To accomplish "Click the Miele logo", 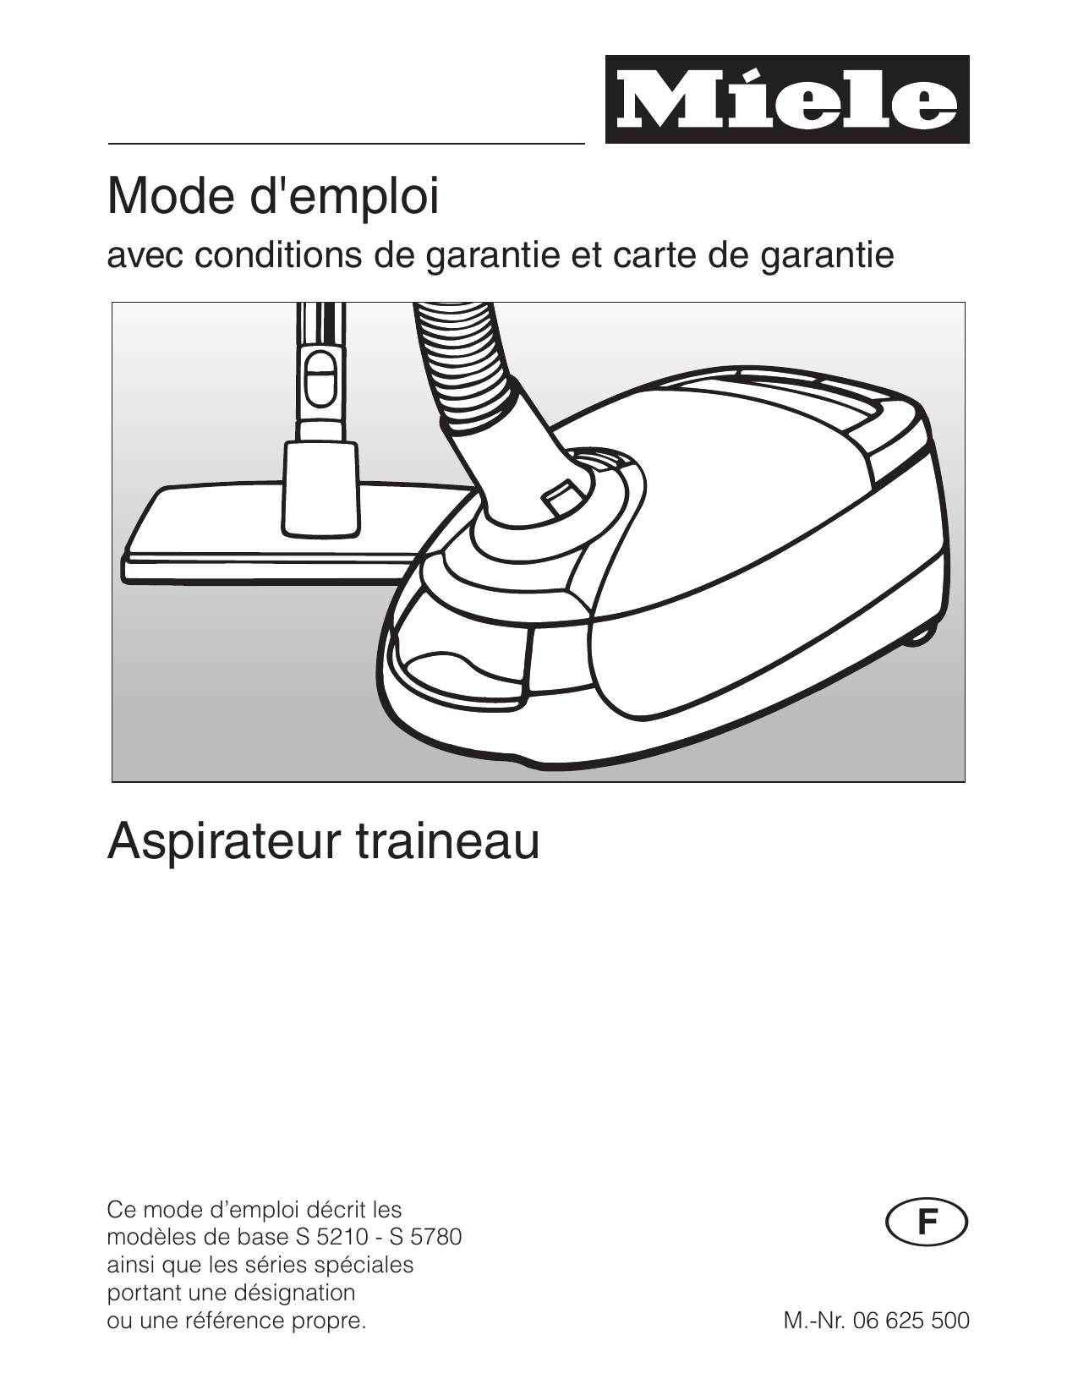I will [787, 100].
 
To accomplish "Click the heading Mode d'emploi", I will [273, 197].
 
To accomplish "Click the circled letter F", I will [928, 1222].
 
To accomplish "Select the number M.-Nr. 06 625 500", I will [876, 1321].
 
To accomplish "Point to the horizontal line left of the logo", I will [347, 143].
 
